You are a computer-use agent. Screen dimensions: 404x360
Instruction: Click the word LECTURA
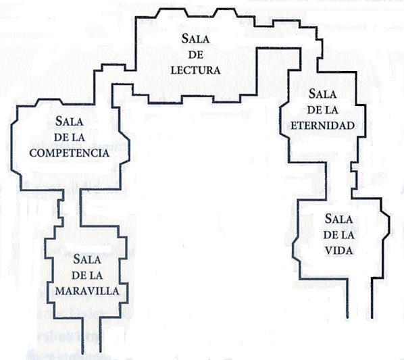196,70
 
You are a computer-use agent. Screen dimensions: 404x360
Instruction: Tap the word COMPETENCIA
69,153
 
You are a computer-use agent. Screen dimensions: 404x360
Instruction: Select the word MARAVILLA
87,291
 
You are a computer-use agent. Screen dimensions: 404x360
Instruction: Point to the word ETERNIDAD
322,126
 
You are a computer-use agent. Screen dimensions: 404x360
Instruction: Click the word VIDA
338,251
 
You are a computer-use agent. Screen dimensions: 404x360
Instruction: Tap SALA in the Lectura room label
195,38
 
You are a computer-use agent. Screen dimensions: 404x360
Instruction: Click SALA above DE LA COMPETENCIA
70,121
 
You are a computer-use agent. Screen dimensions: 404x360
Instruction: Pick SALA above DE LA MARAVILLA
87,259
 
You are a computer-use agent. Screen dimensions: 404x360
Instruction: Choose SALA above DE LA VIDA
338,219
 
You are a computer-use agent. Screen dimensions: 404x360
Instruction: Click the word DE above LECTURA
196,55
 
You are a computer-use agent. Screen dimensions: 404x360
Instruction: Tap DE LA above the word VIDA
338,235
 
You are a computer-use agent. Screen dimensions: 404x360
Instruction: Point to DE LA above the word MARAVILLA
87,276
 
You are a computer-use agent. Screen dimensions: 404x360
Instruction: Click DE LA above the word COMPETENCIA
70,137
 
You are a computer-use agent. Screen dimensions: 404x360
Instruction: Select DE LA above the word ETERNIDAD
322,110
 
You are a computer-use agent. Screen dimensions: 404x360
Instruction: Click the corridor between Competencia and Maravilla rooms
72,208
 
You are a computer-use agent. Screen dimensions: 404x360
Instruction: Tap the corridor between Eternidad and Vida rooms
339,180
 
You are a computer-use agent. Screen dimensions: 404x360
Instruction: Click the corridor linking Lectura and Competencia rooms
114,77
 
